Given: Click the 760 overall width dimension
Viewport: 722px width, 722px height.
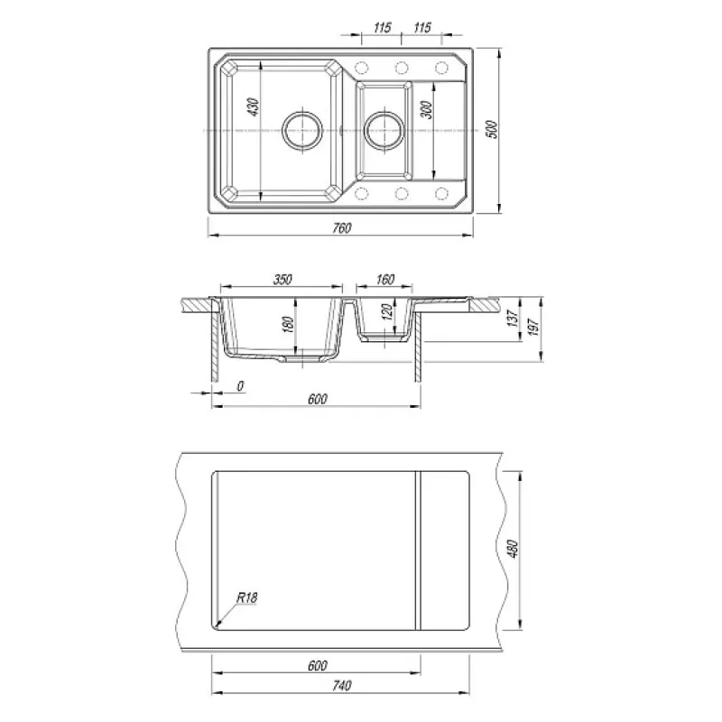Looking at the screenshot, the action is point(342,228).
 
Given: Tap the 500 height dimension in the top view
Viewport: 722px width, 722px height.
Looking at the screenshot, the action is point(492,129).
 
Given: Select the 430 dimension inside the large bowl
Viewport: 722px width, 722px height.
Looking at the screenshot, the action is point(254,106).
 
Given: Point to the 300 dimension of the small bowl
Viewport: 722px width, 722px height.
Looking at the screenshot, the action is point(427,109).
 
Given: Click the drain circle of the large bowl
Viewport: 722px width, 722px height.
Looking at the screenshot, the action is point(302,130).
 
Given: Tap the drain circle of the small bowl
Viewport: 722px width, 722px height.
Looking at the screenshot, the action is point(384,130).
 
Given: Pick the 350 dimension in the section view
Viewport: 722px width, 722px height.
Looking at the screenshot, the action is point(282,279).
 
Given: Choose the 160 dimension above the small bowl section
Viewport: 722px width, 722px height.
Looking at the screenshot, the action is point(385,279).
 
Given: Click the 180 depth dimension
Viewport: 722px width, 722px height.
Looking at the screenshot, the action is point(288,325).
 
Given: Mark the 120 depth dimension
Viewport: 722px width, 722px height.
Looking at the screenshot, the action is point(388,312).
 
